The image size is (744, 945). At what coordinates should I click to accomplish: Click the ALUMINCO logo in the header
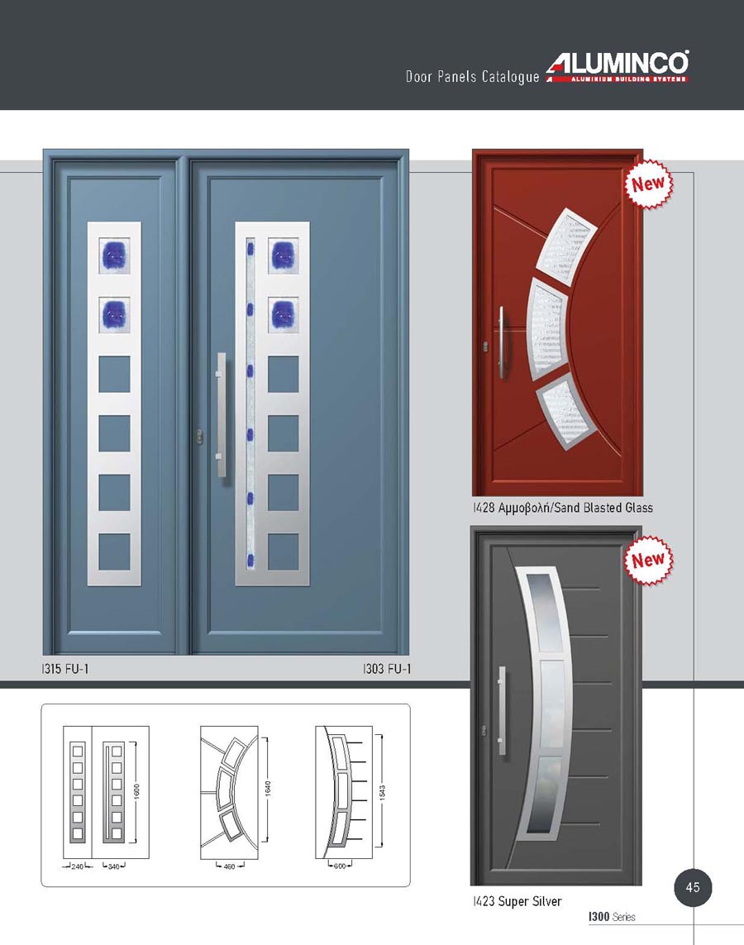[x=618, y=66]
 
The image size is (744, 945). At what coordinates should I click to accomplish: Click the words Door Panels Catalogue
[x=472, y=77]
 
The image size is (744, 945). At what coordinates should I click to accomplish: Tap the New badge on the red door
[x=647, y=184]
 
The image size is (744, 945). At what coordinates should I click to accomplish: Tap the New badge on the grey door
[x=647, y=561]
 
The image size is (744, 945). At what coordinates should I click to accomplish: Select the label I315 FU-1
[x=65, y=668]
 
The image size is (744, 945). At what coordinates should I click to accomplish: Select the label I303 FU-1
[x=387, y=668]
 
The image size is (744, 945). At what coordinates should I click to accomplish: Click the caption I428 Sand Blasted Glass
[x=563, y=508]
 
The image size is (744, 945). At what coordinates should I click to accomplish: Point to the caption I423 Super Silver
[x=517, y=901]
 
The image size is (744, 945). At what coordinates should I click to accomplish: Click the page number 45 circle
[x=693, y=887]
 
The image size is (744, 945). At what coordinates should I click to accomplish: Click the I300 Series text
[x=612, y=917]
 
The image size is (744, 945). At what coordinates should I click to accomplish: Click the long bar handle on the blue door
[x=221, y=415]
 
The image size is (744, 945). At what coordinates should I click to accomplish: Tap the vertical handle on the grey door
[x=501, y=711]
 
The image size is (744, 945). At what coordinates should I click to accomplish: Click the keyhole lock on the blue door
[x=199, y=437]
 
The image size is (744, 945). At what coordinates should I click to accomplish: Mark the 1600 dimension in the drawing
[x=136, y=790]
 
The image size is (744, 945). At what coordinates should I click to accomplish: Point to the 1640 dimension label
[x=268, y=788]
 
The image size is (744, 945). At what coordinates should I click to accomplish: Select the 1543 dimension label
[x=382, y=792]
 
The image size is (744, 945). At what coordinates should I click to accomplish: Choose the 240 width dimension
[x=78, y=866]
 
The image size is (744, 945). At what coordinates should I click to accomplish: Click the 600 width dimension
[x=340, y=866]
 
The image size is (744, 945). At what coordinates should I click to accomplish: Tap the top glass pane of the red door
[x=566, y=248]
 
